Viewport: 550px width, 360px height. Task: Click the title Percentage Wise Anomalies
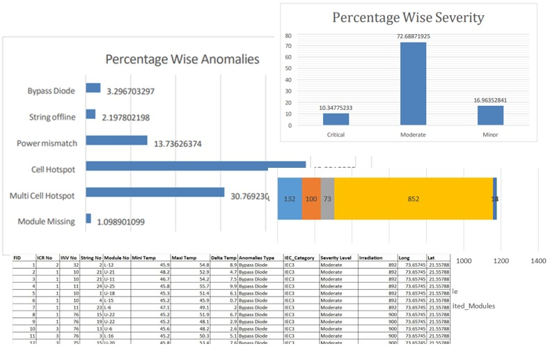coord(182,59)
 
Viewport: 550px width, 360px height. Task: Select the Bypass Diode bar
coord(93,88)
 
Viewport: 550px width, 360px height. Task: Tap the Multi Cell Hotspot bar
coord(155,192)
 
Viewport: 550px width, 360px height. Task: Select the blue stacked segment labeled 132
coord(290,198)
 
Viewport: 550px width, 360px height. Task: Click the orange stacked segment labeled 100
coord(311,198)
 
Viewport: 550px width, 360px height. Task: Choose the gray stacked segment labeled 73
coord(327,198)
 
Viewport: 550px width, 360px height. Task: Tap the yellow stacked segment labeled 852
coord(414,198)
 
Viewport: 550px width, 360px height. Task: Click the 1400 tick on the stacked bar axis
coord(537,260)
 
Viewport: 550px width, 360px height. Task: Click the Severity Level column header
coord(336,257)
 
